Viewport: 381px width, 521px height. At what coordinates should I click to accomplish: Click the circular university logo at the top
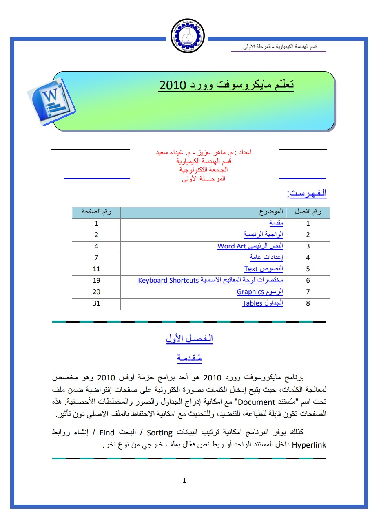pyautogui.click(x=187, y=35)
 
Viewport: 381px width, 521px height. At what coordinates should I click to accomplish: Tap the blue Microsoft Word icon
pyautogui.click(x=51, y=99)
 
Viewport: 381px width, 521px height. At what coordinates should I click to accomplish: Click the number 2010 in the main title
pyautogui.click(x=173, y=85)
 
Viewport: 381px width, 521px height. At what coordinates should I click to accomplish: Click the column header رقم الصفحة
pyautogui.click(x=96, y=212)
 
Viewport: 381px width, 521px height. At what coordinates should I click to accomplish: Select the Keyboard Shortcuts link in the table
pyautogui.click(x=168, y=280)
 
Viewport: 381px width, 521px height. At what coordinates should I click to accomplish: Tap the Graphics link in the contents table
pyautogui.click(x=250, y=292)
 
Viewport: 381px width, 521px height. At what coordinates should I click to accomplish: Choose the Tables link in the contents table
pyautogui.click(x=253, y=303)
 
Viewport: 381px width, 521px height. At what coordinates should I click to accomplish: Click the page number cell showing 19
pyautogui.click(x=96, y=280)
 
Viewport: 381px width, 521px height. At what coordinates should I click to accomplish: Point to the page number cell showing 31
pyautogui.click(x=96, y=303)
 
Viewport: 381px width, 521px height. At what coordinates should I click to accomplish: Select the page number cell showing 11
pyautogui.click(x=96, y=269)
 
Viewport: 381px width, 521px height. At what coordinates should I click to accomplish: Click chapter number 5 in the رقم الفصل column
pyautogui.click(x=308, y=269)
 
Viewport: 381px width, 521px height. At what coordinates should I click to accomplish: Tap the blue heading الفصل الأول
pyautogui.click(x=189, y=339)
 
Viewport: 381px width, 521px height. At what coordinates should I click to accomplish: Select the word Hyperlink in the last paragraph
pyautogui.click(x=310, y=445)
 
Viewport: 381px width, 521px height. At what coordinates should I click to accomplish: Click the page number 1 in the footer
pyautogui.click(x=184, y=481)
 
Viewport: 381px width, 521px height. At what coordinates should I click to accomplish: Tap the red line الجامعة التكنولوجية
pyautogui.click(x=203, y=169)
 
